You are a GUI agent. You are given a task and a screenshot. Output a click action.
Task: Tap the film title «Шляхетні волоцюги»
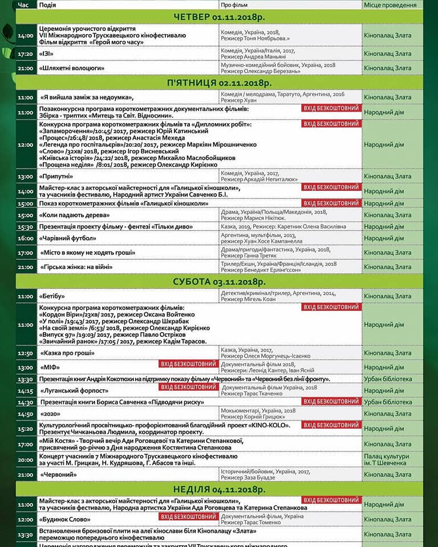click(x=71, y=68)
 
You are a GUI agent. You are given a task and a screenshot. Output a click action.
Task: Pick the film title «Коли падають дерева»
click(x=74, y=215)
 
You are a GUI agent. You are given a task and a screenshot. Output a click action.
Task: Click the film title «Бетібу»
click(x=52, y=296)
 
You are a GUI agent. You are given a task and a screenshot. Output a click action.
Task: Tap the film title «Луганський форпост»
click(x=74, y=391)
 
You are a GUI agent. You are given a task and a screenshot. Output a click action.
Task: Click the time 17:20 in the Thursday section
click(x=26, y=54)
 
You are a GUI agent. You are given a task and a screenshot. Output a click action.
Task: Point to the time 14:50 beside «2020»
click(x=26, y=414)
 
